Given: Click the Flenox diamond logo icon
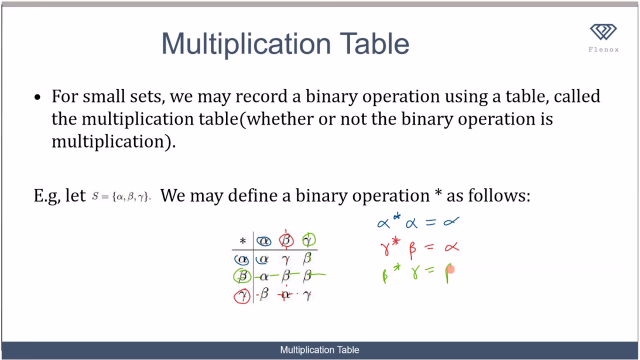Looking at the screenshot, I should (603, 32).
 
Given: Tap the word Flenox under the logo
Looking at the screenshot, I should (603, 49).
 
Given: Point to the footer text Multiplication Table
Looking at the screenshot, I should (319, 350).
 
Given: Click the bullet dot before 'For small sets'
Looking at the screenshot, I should (37, 97).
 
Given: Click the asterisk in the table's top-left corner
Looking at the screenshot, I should (243, 241).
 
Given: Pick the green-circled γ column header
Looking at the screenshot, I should (308, 240).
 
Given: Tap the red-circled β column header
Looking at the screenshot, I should (286, 240).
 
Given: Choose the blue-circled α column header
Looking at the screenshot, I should (263, 241).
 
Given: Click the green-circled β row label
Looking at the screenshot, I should (242, 276).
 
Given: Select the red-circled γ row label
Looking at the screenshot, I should (242, 295).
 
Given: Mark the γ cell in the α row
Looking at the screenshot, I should (286, 259).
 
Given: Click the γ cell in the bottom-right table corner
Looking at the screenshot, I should (307, 295).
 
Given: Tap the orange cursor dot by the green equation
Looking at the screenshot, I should (450, 270).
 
